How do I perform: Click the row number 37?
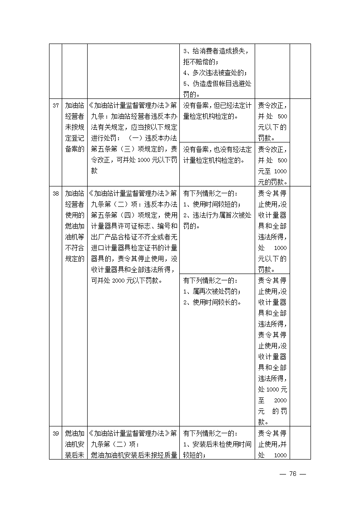click(55, 106)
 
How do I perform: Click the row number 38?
click(55, 193)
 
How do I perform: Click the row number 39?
click(55, 433)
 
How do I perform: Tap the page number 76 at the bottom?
click(293, 474)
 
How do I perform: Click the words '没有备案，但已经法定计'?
click(217, 106)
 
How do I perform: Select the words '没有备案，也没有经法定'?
click(217, 149)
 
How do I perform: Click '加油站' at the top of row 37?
click(74, 106)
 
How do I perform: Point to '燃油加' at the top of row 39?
click(74, 433)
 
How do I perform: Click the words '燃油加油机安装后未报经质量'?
click(133, 455)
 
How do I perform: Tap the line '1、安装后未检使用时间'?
click(217, 444)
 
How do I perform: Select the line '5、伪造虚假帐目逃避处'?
click(217, 84)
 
